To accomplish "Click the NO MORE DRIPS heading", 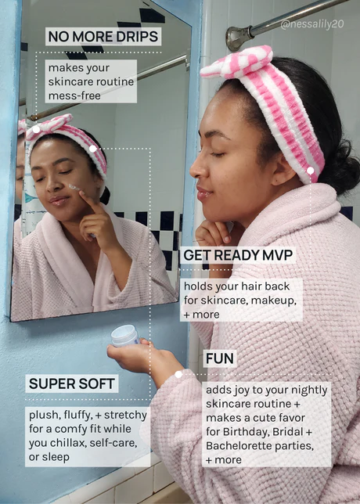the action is (103, 37).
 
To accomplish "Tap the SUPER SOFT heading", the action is (72, 383).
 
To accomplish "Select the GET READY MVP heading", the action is (238, 255).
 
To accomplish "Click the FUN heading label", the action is (220, 358).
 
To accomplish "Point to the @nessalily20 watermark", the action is (312, 24).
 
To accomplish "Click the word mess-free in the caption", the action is (74, 95).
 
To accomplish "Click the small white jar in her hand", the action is (124, 335).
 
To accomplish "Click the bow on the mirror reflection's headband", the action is (49, 126).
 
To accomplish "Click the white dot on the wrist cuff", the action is (178, 374).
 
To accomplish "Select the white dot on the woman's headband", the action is (310, 171).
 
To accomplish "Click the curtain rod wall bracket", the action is (238, 38).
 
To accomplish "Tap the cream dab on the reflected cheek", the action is (74, 187).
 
